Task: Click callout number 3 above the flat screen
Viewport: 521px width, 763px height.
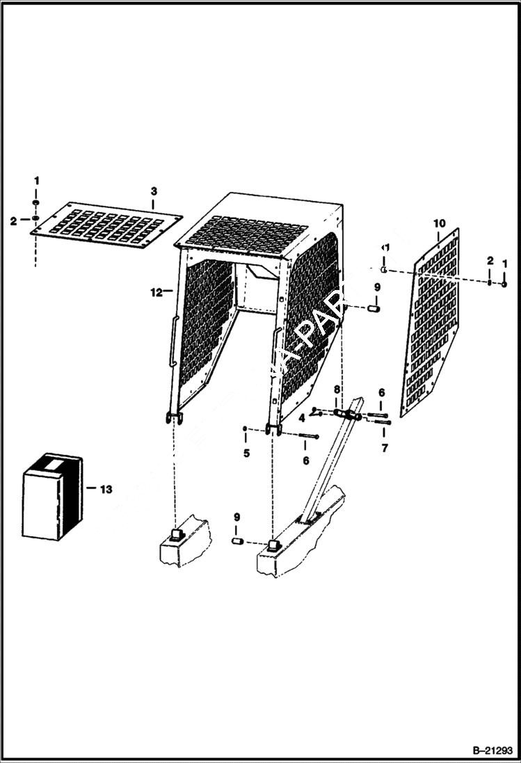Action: point(154,191)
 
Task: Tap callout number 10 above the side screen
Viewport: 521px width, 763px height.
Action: point(439,223)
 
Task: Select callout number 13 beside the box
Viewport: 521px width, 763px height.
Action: point(105,490)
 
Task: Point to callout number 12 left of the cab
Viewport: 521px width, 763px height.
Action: point(157,292)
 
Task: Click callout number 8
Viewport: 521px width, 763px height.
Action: point(337,389)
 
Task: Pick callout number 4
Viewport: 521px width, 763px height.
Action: point(302,418)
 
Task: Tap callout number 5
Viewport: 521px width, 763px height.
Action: point(245,454)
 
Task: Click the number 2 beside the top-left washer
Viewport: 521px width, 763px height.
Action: point(13,221)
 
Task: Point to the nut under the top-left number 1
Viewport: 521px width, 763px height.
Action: point(35,203)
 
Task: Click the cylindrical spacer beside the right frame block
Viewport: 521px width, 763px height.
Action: point(237,541)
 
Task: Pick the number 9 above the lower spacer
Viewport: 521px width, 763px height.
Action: point(237,517)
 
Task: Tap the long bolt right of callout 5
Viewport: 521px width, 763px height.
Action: point(309,437)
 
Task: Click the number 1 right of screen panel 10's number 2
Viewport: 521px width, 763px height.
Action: point(505,263)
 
